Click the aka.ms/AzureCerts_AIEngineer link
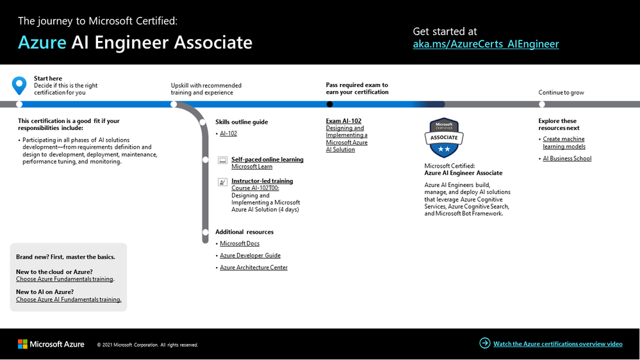point(486,44)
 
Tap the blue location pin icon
point(19,85)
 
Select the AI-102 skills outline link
point(228,133)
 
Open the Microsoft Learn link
point(252,167)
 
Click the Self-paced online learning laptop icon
point(222,160)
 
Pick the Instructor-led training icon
point(222,182)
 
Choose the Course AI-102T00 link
point(255,188)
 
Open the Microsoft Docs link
point(240,243)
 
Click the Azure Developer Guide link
point(250,256)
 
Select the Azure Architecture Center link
point(254,268)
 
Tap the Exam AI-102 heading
point(343,121)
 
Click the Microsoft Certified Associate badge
point(444,138)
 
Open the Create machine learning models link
point(564,143)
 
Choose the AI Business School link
point(567,158)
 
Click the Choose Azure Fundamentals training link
point(65,279)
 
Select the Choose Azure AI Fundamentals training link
point(69,300)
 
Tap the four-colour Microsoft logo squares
point(22,344)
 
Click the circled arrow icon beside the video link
point(485,343)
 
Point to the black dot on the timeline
point(330,104)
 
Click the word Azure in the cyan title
point(42,42)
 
